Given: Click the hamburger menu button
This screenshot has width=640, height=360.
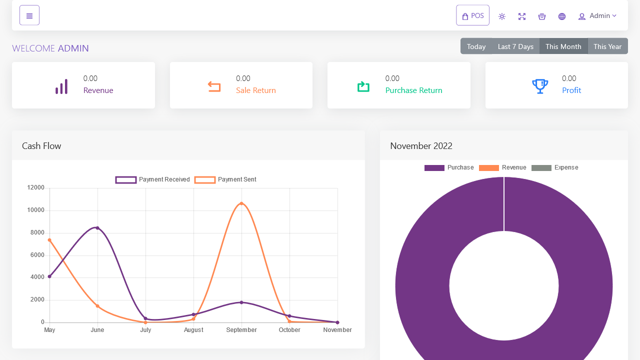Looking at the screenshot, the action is pyautogui.click(x=29, y=15).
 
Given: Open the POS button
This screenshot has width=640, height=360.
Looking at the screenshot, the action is pyautogui.click(x=472, y=15).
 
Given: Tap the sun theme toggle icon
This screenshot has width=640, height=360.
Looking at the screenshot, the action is pyautogui.click(x=502, y=16).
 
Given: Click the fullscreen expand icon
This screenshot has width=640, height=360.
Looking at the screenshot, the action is pyautogui.click(x=522, y=16).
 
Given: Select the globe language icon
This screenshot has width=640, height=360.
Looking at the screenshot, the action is pyautogui.click(x=562, y=16).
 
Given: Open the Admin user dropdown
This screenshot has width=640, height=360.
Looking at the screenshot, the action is pyautogui.click(x=597, y=16).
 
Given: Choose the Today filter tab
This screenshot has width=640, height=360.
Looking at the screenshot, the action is pyautogui.click(x=476, y=46).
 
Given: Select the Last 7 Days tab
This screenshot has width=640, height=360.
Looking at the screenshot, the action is pyautogui.click(x=515, y=46).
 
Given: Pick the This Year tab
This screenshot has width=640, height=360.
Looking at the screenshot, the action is pyautogui.click(x=607, y=46).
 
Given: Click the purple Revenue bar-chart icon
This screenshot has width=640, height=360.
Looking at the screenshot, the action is pyautogui.click(x=61, y=86).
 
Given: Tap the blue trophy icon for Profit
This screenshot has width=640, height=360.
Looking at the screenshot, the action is pyautogui.click(x=540, y=86).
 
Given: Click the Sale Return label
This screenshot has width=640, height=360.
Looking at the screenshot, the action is pyautogui.click(x=255, y=90).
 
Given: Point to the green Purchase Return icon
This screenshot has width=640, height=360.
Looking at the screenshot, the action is pyautogui.click(x=363, y=86).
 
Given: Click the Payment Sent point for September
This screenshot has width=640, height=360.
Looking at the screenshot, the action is pyautogui.click(x=241, y=203).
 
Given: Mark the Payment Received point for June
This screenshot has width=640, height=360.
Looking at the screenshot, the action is pyautogui.click(x=97, y=228).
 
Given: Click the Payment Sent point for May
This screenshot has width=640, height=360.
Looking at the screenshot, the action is pyautogui.click(x=49, y=240).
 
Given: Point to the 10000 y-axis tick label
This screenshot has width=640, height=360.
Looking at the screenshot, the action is pyautogui.click(x=35, y=210).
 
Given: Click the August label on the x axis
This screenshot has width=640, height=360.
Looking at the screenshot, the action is pyautogui.click(x=193, y=329).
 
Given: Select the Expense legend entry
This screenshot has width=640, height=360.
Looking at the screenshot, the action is pyautogui.click(x=555, y=167).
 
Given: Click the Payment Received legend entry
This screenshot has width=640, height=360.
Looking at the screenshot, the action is pyautogui.click(x=152, y=179).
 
